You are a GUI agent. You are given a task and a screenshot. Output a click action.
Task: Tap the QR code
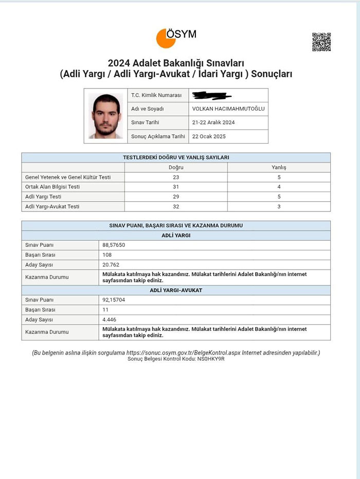click(321, 42)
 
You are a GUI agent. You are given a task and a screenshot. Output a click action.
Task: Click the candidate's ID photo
click(106, 116)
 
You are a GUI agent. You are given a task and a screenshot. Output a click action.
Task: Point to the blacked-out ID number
click(211, 95)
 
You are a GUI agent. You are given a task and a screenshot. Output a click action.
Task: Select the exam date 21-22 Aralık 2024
click(213, 122)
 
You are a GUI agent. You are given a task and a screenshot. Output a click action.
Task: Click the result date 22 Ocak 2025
click(209, 136)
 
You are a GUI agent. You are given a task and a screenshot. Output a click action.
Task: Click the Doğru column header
click(176, 167)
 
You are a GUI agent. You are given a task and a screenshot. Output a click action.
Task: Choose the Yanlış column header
click(279, 167)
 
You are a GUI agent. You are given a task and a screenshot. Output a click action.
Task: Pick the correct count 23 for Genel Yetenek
click(176, 177)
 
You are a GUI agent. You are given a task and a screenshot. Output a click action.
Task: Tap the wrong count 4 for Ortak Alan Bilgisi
click(279, 187)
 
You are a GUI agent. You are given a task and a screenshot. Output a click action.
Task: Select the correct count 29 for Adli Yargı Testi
click(176, 197)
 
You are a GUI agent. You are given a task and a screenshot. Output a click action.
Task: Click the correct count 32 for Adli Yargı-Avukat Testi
click(176, 206)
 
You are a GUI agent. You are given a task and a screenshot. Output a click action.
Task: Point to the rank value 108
click(107, 255)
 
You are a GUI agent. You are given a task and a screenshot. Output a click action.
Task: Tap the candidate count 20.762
click(112, 264)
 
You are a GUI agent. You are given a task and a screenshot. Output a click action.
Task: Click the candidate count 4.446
click(110, 319)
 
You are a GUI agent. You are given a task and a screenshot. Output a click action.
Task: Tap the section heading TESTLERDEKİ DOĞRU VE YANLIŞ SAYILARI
click(176, 157)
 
